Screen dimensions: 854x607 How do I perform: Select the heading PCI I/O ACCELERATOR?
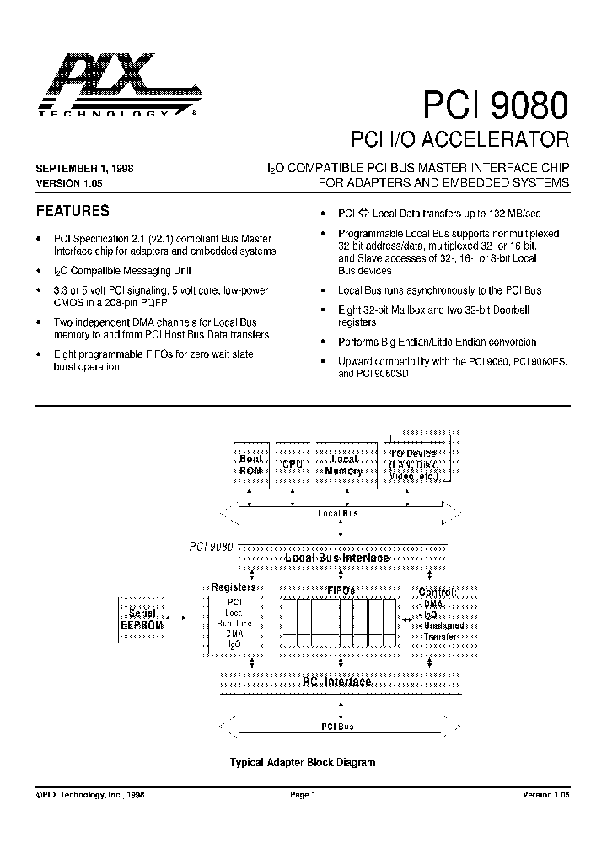(x=459, y=138)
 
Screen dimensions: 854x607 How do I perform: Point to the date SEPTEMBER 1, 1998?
(x=84, y=169)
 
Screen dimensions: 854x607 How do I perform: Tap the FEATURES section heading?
(x=73, y=211)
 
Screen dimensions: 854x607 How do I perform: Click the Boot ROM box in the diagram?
(x=250, y=465)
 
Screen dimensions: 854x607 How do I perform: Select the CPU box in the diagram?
(x=293, y=465)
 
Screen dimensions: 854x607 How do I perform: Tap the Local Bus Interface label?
(x=336, y=558)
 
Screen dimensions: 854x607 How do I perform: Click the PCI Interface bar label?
(x=336, y=682)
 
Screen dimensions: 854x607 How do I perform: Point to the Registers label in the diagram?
(x=234, y=587)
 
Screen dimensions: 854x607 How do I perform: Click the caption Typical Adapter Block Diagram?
(x=303, y=762)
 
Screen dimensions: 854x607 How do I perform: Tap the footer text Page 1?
(x=302, y=795)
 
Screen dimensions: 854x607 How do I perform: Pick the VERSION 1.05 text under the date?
(x=69, y=183)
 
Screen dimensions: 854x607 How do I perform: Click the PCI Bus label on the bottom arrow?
(x=336, y=727)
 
